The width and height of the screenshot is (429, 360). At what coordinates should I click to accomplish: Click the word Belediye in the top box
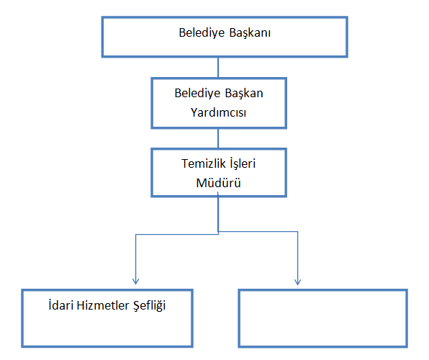[202, 33]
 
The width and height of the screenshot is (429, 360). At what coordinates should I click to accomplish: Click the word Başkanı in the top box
[250, 33]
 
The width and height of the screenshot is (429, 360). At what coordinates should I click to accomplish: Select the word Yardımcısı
[218, 112]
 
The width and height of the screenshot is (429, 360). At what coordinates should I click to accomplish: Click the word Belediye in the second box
[197, 94]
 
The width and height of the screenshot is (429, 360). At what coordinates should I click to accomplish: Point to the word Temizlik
[204, 163]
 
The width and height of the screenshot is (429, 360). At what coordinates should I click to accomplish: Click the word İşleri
[243, 164]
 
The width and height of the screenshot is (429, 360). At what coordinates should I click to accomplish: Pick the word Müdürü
[218, 183]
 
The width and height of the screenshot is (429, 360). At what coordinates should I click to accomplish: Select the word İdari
[61, 305]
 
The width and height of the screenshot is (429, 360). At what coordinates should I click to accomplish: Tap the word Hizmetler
[103, 305]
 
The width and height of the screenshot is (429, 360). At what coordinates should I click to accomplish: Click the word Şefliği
[150, 306]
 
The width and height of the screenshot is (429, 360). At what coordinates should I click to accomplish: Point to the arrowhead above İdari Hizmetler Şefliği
[136, 282]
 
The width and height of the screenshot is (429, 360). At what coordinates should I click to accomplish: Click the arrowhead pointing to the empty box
[298, 282]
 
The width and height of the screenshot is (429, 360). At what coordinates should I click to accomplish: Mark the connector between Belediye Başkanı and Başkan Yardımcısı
[218, 68]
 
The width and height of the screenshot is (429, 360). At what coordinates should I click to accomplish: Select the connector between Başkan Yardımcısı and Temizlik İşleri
[218, 138]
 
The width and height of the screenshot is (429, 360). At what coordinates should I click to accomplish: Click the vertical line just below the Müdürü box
[218, 215]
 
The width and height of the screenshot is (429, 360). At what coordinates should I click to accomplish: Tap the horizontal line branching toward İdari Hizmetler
[177, 234]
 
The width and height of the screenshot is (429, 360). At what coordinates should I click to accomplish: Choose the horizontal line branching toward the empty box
[258, 232]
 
